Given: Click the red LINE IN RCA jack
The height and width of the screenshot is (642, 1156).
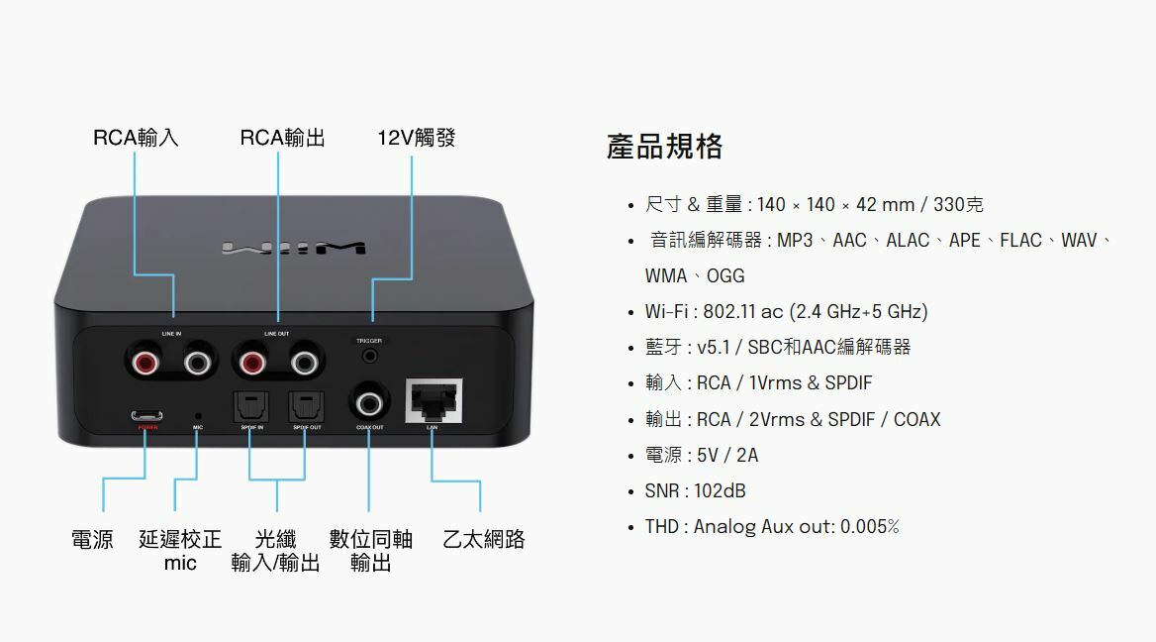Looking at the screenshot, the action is coord(145,364).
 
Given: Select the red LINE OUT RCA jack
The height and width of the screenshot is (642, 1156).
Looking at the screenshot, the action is coord(250,364).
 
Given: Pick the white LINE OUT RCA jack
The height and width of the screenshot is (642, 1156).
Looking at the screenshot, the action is coord(304,364).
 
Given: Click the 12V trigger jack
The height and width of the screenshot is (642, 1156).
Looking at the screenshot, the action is coord(371,354).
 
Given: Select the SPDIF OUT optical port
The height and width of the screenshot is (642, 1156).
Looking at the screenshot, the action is coord(305,406).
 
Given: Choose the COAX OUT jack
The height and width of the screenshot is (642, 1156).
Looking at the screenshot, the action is coord(370,402).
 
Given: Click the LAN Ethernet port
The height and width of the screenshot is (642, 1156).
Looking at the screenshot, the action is coord(433,400).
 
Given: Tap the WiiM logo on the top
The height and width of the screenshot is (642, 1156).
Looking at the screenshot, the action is coord(294,247).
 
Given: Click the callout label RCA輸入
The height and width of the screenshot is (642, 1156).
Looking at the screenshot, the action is coord(136,138).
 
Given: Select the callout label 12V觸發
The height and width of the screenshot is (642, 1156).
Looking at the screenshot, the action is coord(416,138).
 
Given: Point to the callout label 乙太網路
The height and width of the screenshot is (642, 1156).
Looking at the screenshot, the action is coord(483,540).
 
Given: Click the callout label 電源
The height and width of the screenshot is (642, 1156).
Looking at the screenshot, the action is coord(92,540).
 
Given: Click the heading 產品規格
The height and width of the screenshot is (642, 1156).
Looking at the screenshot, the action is coord(664,147).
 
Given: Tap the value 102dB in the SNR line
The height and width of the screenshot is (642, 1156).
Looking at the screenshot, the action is coord(720,490).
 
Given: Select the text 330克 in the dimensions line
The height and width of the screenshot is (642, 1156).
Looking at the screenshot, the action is coord(958,204).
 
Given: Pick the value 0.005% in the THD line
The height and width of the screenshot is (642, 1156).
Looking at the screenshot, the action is coord(869,526).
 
